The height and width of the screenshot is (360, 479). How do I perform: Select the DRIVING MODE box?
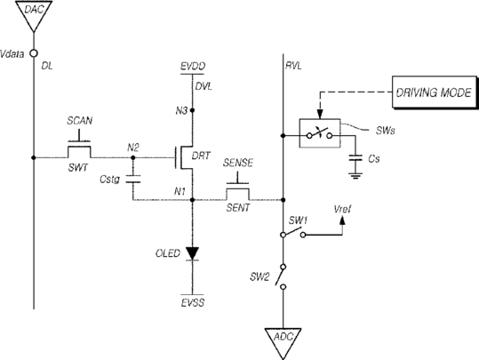434,92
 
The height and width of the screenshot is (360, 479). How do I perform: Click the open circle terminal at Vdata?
34,53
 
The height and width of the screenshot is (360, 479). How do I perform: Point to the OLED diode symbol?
193,253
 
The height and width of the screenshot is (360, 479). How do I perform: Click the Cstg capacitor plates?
133,179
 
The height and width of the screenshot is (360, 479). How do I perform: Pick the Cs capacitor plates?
355,158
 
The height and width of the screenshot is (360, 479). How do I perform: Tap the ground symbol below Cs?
355,176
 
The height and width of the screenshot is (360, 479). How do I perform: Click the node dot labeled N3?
193,110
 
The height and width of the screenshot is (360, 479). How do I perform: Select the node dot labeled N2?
133,157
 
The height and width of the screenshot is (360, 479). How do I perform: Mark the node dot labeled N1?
193,200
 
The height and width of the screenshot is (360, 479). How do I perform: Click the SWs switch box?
320,133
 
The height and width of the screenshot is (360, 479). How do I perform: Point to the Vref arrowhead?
342,220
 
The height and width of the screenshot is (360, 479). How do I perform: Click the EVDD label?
193,67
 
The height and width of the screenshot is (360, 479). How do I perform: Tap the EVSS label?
193,303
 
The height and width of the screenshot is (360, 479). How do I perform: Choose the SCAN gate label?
79,121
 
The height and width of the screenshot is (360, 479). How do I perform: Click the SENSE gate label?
238,163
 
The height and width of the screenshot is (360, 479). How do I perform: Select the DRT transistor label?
201,156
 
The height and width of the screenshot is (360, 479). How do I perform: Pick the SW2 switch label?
259,277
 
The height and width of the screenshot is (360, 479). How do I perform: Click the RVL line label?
293,66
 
